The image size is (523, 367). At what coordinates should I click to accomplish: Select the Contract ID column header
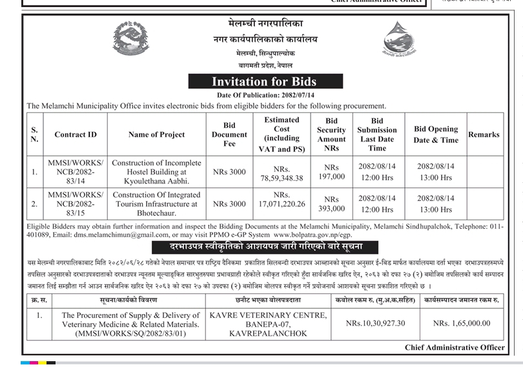[x=76, y=134]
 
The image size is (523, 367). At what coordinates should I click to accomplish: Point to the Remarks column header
[x=484, y=134]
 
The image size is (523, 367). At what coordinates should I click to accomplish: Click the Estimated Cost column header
[x=282, y=134]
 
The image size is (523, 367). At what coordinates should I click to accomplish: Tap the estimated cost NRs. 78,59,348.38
[x=282, y=173]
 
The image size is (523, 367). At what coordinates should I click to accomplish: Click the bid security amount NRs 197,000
[x=331, y=172]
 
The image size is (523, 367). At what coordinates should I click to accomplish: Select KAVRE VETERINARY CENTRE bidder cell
[x=269, y=324]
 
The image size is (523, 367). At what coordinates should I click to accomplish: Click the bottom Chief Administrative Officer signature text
[x=455, y=348]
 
